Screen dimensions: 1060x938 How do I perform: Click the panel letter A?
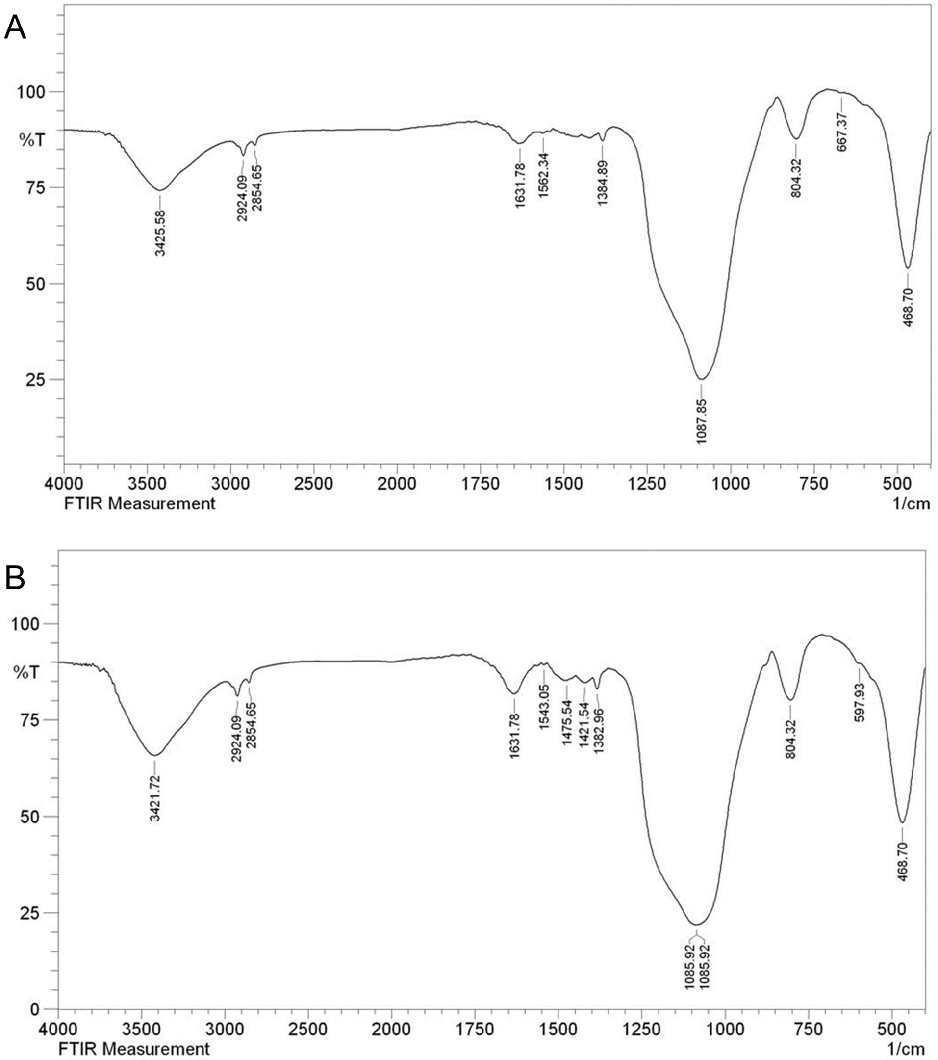click(15, 28)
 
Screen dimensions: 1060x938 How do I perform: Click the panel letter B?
click(15, 578)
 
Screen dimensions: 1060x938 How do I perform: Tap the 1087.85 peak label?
click(702, 421)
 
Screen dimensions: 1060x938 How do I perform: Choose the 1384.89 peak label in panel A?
click(602, 183)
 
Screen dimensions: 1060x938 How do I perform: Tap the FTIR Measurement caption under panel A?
click(139, 503)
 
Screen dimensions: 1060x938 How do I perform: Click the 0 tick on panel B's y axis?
click(35, 1009)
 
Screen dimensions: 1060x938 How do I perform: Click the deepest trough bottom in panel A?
click(701, 380)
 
